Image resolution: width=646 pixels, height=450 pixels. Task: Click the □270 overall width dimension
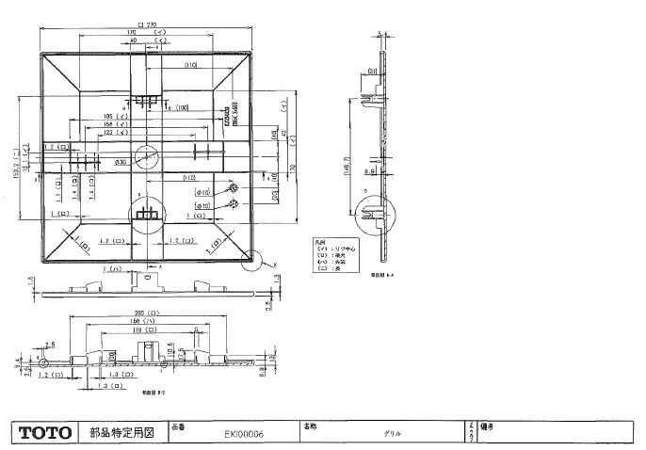[146, 24]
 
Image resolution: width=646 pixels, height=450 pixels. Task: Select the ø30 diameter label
[120, 163]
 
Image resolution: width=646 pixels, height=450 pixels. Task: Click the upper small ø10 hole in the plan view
[232, 188]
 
